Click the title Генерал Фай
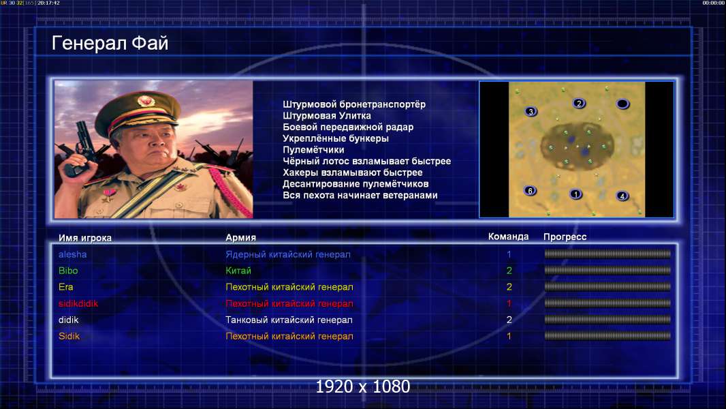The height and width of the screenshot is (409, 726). [110, 43]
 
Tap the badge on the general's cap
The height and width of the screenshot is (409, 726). [145, 101]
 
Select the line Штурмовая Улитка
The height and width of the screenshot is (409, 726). [327, 116]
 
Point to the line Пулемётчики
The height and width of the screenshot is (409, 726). [313, 149]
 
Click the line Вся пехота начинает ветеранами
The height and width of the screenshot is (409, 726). [360, 195]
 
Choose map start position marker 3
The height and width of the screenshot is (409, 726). [531, 111]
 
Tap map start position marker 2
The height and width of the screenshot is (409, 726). [579, 104]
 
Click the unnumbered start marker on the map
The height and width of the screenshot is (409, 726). [622, 104]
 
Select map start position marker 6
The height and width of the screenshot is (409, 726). [530, 190]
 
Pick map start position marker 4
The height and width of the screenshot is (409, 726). [622, 196]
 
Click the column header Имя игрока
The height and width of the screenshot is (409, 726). [84, 238]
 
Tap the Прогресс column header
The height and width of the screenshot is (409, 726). [565, 237]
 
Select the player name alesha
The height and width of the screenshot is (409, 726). [72, 254]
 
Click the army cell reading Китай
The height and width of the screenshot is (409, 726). [238, 271]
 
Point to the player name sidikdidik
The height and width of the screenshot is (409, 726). [78, 303]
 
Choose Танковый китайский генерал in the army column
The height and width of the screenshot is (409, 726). [289, 320]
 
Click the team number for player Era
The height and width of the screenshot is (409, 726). [509, 287]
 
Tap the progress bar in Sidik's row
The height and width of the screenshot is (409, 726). [607, 336]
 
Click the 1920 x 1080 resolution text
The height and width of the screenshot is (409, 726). [363, 387]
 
